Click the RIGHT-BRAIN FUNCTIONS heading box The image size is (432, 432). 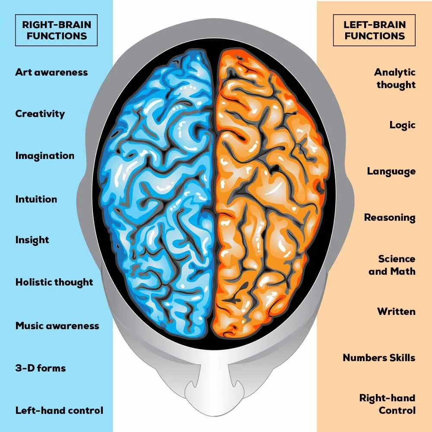56,30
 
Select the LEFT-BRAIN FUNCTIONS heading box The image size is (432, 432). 374,30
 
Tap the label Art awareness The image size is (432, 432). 51,72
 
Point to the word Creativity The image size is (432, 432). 40,114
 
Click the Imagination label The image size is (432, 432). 44,156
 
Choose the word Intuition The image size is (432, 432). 36,199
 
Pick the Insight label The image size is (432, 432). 32,240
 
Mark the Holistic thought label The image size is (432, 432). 54,282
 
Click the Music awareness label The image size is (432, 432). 57,325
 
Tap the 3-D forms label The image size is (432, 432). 41,368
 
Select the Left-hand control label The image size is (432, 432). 59,410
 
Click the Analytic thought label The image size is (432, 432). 395,78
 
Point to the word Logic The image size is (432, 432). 402,125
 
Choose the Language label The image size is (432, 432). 391,172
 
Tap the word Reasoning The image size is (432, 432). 389,217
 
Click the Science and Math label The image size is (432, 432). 392,265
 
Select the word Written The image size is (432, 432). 396,311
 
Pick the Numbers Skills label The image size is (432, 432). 379,358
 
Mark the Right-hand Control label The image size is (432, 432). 388,404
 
